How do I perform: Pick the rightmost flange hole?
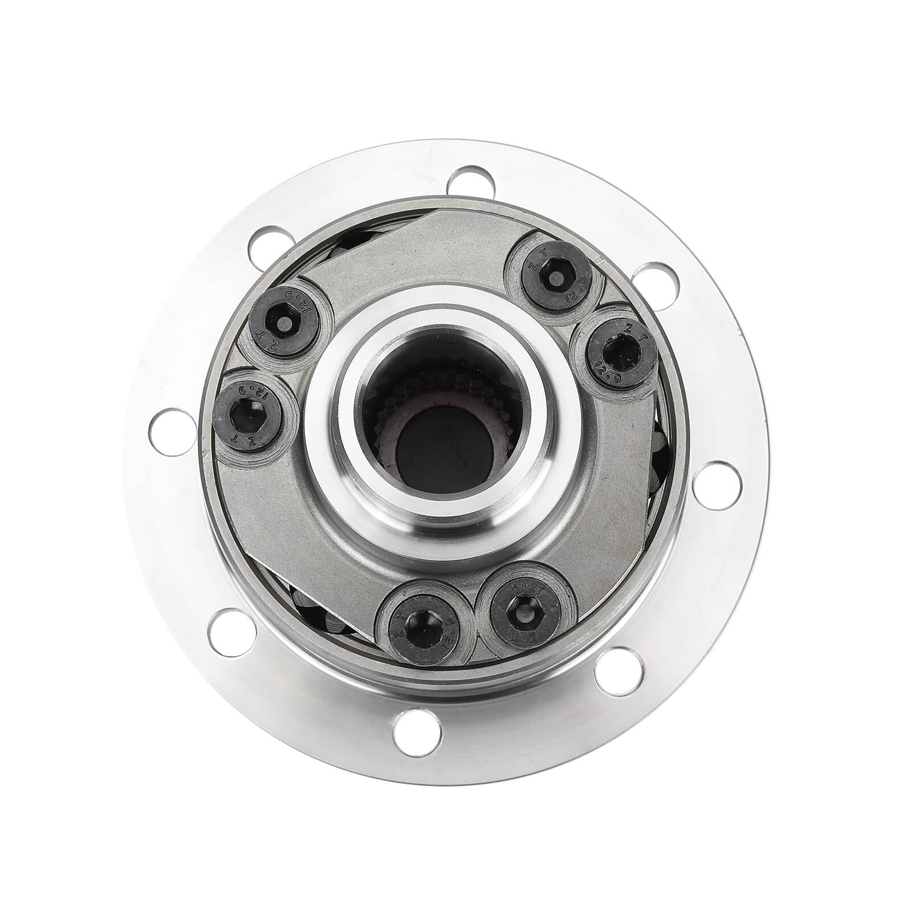coord(718,488)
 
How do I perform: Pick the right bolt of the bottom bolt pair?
coord(523,614)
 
